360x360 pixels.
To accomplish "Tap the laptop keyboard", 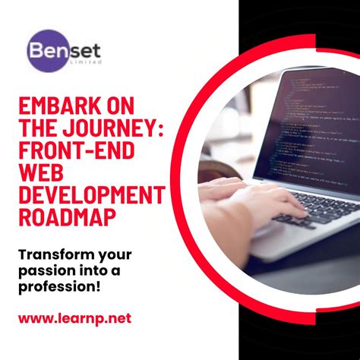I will point(319,209).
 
